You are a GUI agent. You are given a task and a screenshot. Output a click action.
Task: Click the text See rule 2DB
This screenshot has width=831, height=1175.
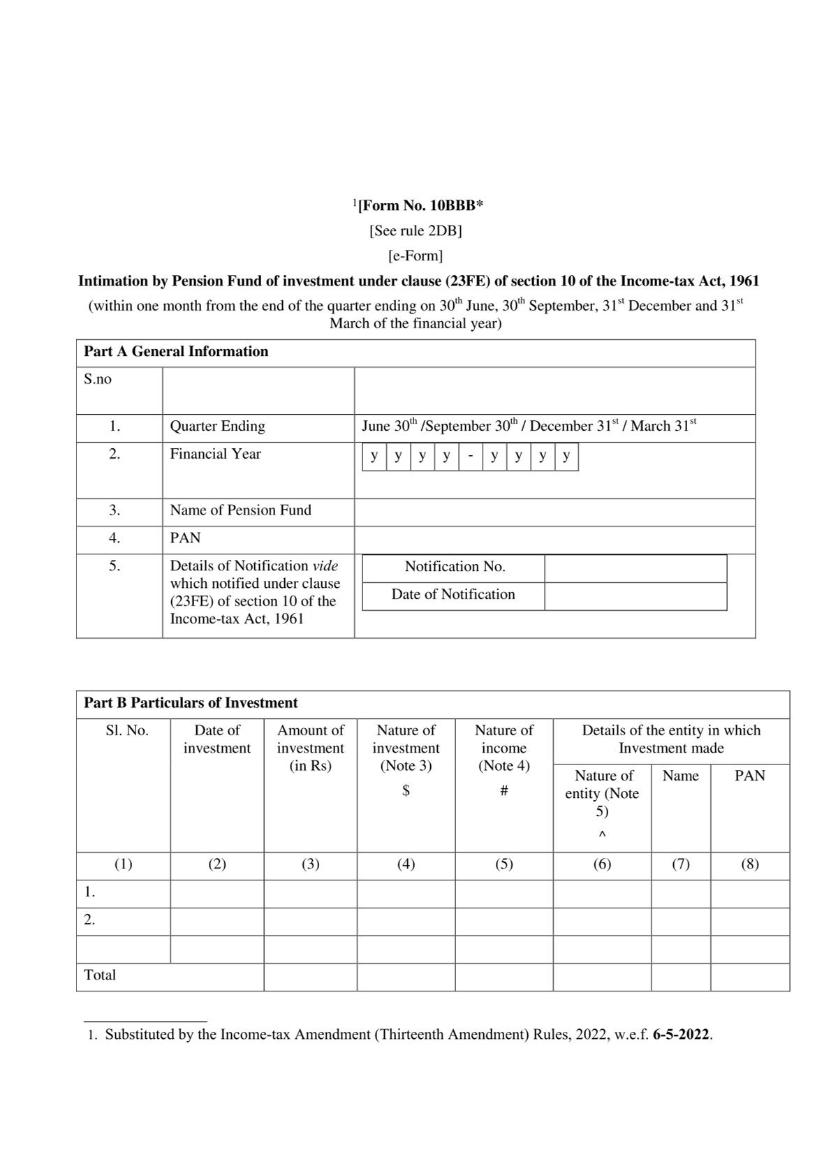(415, 230)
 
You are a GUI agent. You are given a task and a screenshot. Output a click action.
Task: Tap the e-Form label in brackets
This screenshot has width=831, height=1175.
(415, 256)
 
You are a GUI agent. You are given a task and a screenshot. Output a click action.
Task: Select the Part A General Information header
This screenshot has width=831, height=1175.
(176, 352)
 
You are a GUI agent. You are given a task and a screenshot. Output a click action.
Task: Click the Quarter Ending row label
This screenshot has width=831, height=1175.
(217, 427)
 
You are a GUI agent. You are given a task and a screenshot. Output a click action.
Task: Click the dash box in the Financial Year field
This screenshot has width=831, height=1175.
(471, 457)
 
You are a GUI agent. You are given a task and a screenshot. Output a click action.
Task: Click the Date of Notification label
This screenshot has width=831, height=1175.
(453, 595)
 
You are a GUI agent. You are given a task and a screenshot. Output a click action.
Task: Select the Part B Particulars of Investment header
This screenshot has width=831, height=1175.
(191, 703)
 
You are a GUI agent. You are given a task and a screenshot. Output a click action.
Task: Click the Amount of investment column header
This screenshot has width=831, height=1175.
(311, 748)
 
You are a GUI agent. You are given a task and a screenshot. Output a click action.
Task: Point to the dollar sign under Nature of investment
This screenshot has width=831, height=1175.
(406, 791)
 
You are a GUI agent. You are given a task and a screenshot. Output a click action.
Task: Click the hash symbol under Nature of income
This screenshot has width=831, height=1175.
(503, 791)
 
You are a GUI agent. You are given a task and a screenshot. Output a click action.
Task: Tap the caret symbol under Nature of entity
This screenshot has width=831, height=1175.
(602, 835)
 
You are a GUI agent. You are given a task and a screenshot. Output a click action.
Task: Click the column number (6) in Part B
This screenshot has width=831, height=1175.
(602, 864)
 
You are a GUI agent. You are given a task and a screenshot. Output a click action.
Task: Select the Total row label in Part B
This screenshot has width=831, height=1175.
(100, 975)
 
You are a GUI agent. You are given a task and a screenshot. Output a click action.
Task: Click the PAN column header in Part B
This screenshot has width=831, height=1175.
(749, 776)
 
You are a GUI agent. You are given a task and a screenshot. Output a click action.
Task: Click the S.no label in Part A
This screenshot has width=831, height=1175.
(98, 380)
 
